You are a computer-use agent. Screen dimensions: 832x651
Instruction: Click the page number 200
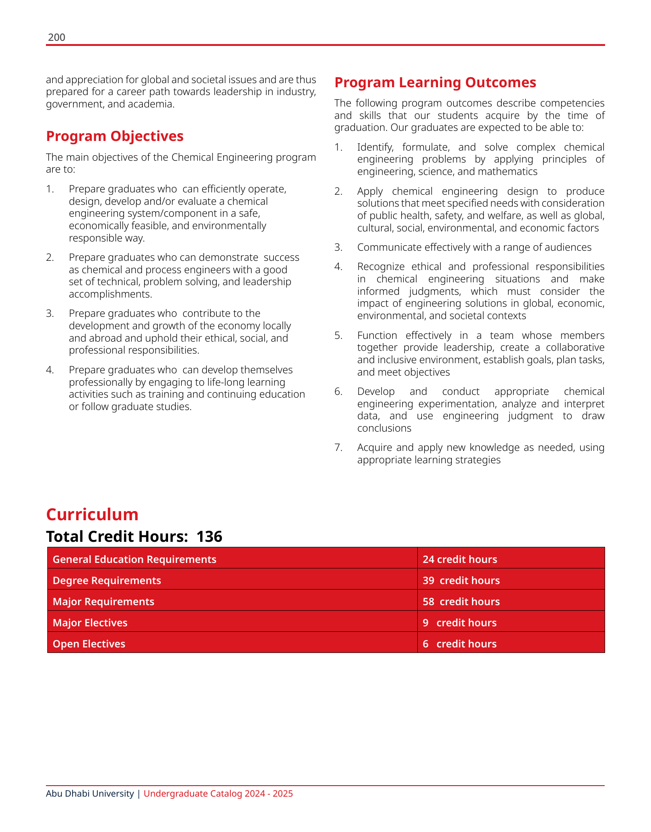pos(56,38)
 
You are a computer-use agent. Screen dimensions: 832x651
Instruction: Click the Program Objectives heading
pos(115,136)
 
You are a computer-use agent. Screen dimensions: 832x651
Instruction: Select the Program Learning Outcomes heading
pos(435,83)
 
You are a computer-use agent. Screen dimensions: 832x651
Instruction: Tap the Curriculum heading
pos(92,515)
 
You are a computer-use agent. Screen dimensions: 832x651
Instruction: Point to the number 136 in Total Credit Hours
pos(209,536)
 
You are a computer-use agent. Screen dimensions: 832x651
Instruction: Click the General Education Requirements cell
pos(135,559)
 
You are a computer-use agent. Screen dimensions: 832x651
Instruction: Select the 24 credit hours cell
pos(460,559)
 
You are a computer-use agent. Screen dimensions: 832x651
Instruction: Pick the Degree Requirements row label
pos(107,580)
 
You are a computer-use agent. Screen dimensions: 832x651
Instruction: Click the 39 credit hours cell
pos(461,580)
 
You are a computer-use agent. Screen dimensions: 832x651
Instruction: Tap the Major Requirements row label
pos(104,602)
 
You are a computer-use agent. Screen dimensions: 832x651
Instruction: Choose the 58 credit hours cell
pos(461,602)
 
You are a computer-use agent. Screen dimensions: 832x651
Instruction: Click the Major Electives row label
pos(90,623)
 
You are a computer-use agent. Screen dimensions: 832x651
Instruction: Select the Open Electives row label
pos(89,644)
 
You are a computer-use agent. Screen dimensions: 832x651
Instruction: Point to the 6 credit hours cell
pos(460,644)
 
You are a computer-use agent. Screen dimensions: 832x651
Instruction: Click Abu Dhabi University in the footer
pos(90,793)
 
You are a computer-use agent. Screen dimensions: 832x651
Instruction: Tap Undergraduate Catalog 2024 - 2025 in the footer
pos(218,793)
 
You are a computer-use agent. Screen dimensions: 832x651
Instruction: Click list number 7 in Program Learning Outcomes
pos(338,448)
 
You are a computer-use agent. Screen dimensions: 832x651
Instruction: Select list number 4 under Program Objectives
pos(50,370)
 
